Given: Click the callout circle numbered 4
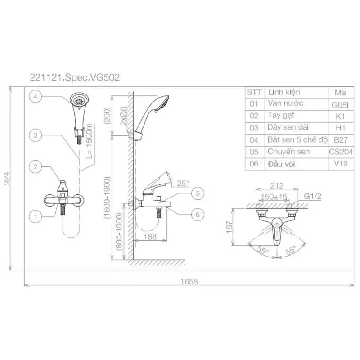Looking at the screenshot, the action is click(x=36, y=96).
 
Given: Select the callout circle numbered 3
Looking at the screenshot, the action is click(x=36, y=135).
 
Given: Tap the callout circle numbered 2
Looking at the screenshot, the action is click(x=36, y=166).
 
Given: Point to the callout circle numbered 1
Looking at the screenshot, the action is click(x=36, y=216).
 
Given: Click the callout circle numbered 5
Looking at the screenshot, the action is click(x=198, y=193).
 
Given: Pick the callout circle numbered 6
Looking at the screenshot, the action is click(x=198, y=215).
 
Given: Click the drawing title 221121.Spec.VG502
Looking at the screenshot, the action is click(x=75, y=77).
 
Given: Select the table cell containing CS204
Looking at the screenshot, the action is click(x=341, y=152).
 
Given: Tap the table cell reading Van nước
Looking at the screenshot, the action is click(x=297, y=104).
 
